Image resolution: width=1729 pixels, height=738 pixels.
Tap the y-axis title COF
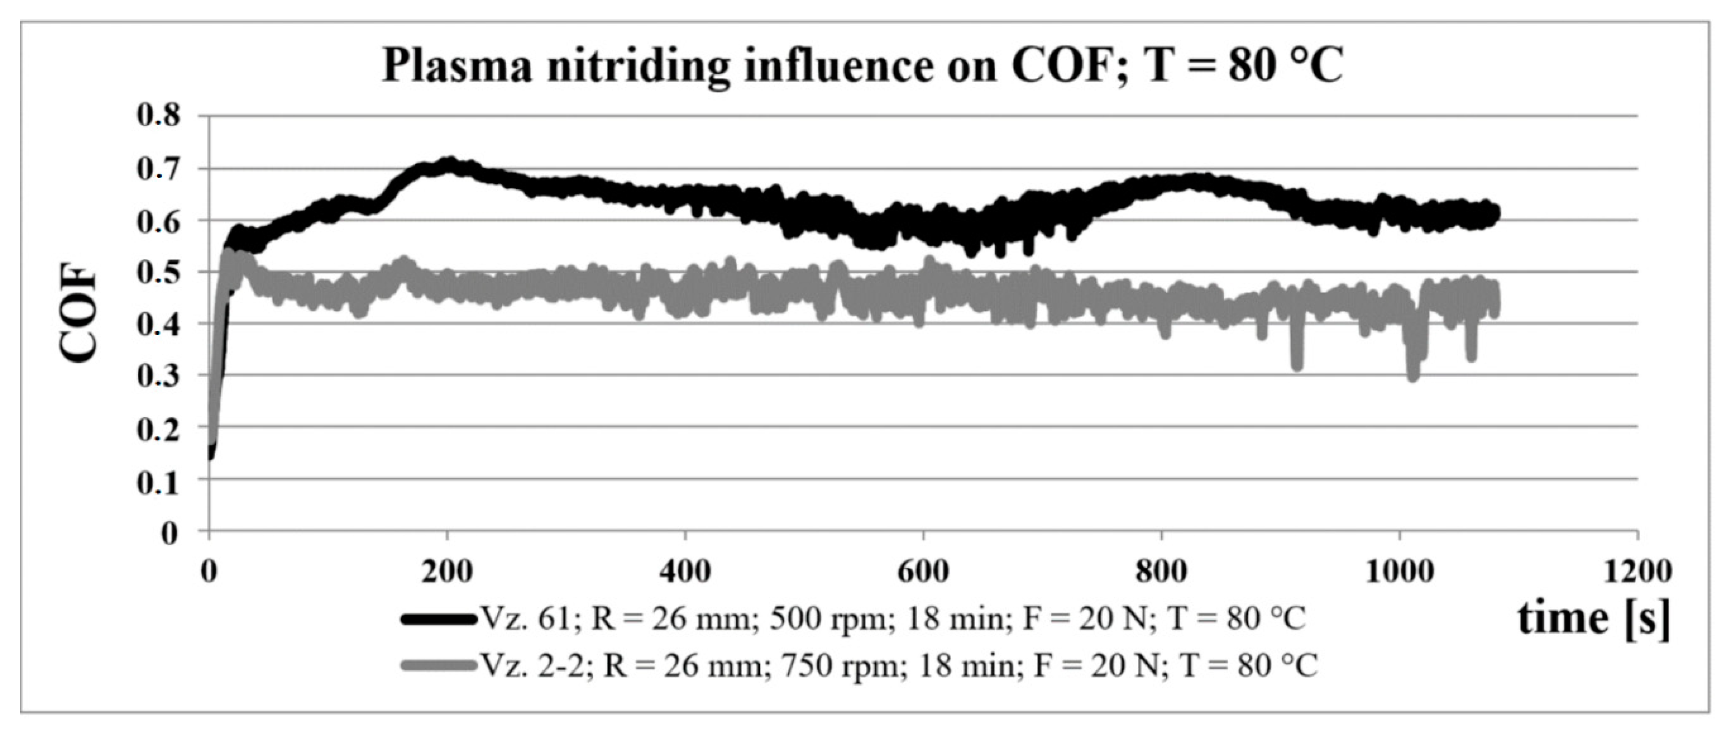tap(79, 315)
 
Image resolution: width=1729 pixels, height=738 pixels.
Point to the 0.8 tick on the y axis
tap(159, 116)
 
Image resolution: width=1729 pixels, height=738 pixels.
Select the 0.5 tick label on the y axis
tap(159, 272)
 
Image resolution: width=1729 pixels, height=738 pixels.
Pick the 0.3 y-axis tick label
tap(159, 376)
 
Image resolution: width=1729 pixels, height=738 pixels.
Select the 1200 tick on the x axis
tap(1637, 571)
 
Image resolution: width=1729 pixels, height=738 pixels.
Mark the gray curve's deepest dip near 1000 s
tap(1412, 376)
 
